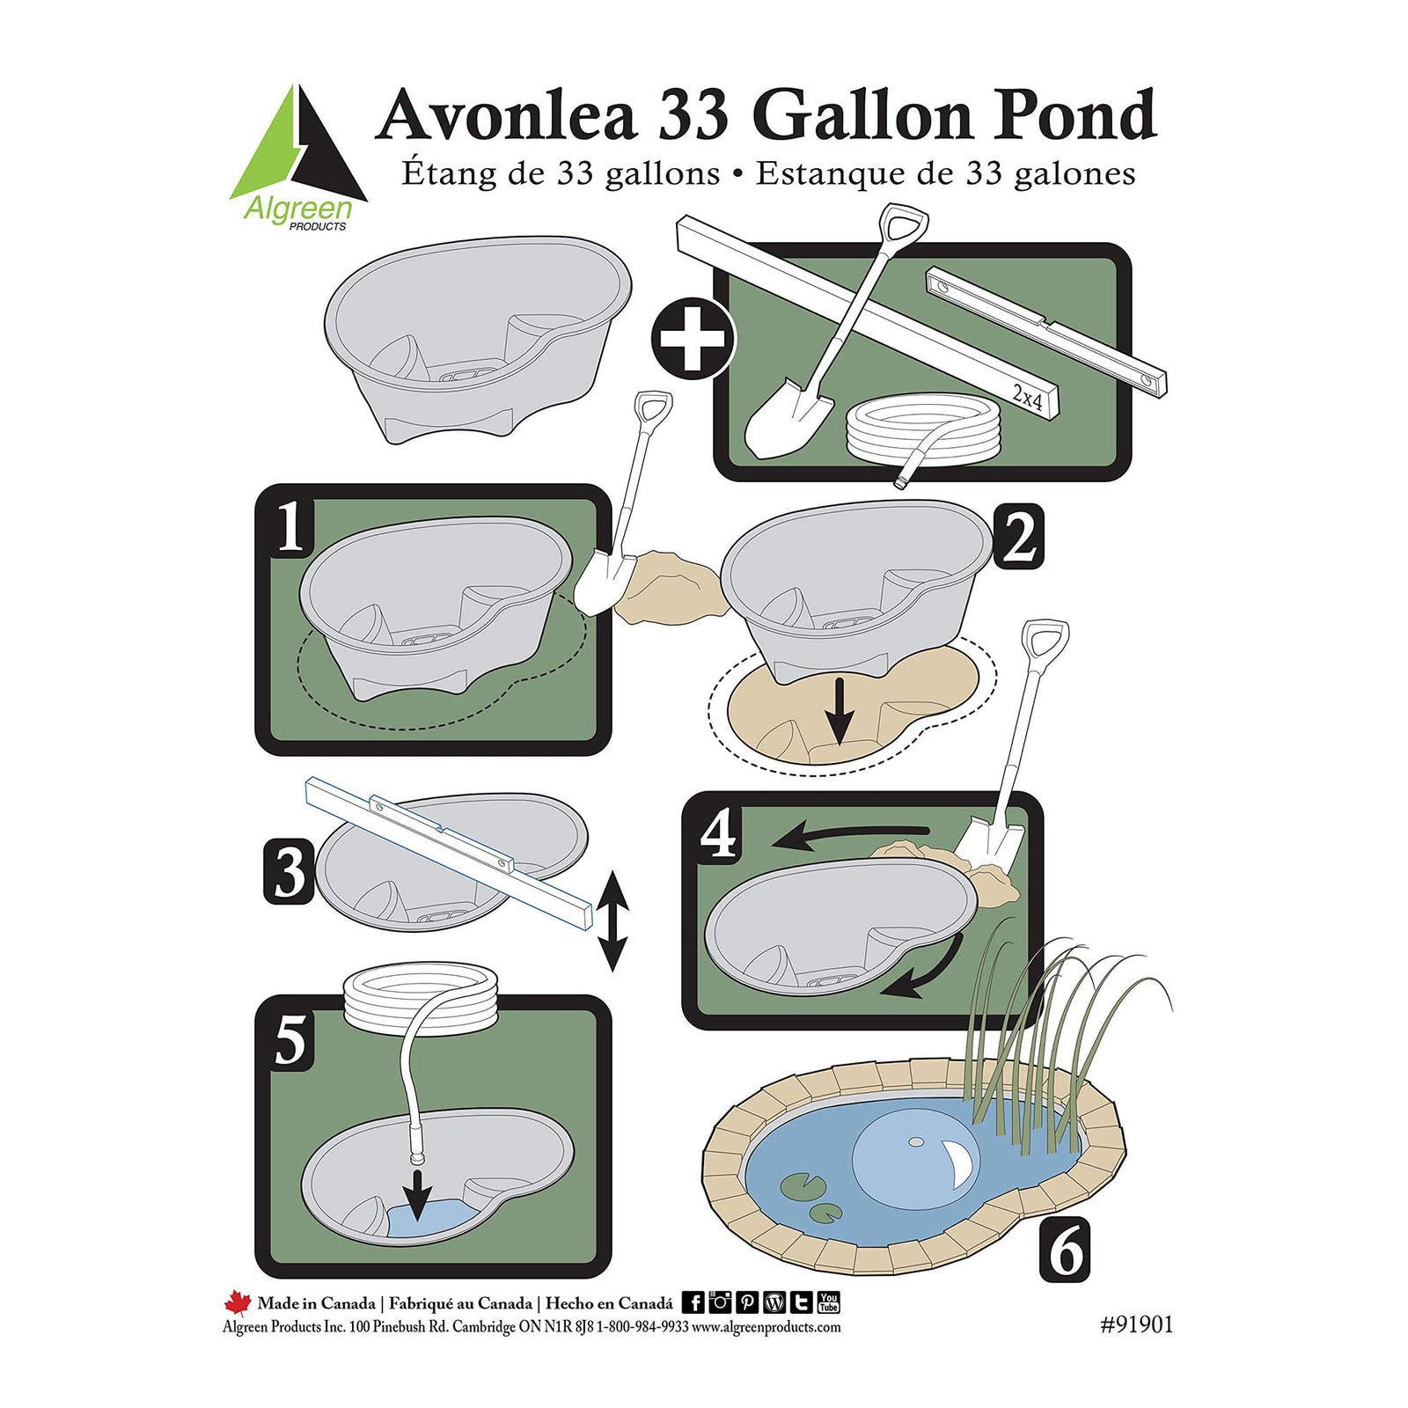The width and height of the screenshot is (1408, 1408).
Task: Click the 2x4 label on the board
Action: point(1027,396)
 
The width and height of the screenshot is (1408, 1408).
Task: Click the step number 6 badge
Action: point(1066,1250)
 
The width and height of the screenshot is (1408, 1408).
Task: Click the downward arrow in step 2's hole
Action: point(840,711)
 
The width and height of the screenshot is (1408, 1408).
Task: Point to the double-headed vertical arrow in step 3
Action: point(612,922)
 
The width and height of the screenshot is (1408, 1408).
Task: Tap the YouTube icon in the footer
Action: point(828,1302)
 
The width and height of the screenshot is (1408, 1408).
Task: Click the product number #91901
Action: point(1136,1324)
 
